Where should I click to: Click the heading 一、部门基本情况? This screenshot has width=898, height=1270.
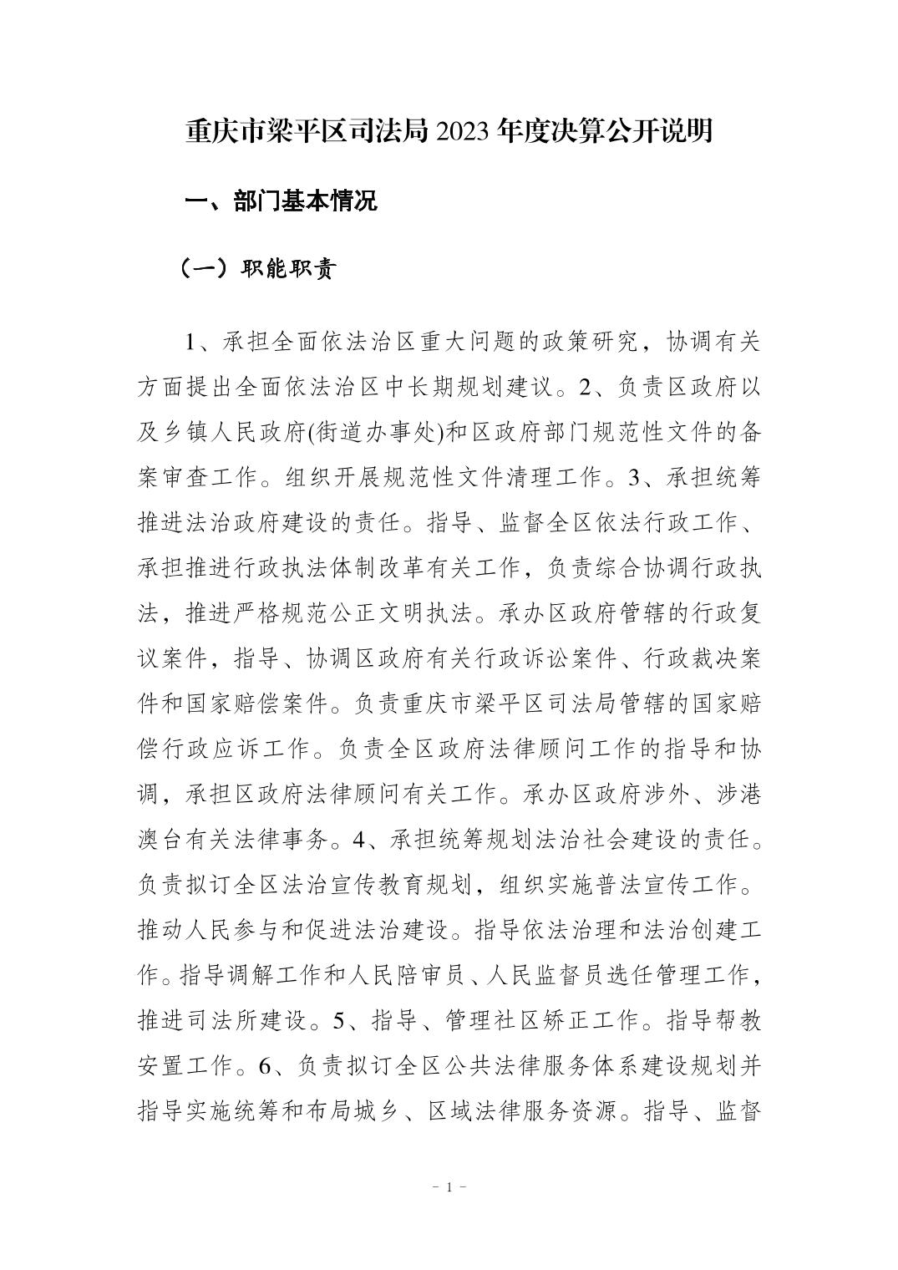[x=281, y=201]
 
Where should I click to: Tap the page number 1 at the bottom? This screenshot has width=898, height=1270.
[x=449, y=1187]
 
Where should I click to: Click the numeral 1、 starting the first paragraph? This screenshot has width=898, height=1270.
[x=196, y=343]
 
